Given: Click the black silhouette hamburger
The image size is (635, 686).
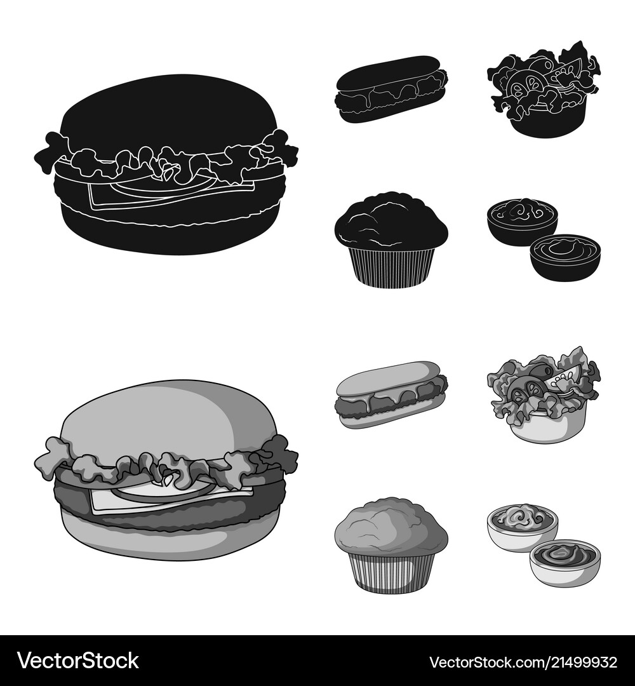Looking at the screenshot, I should [x=166, y=165].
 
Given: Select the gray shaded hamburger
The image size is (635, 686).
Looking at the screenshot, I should [x=166, y=470].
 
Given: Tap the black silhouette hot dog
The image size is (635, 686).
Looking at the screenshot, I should [x=390, y=89].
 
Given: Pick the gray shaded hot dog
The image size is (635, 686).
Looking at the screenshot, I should [x=390, y=394].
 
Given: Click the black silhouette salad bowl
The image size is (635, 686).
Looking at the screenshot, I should [x=543, y=89].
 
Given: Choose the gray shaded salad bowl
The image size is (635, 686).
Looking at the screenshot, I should [x=543, y=394].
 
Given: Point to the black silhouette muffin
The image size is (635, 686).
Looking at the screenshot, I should [x=391, y=238].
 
